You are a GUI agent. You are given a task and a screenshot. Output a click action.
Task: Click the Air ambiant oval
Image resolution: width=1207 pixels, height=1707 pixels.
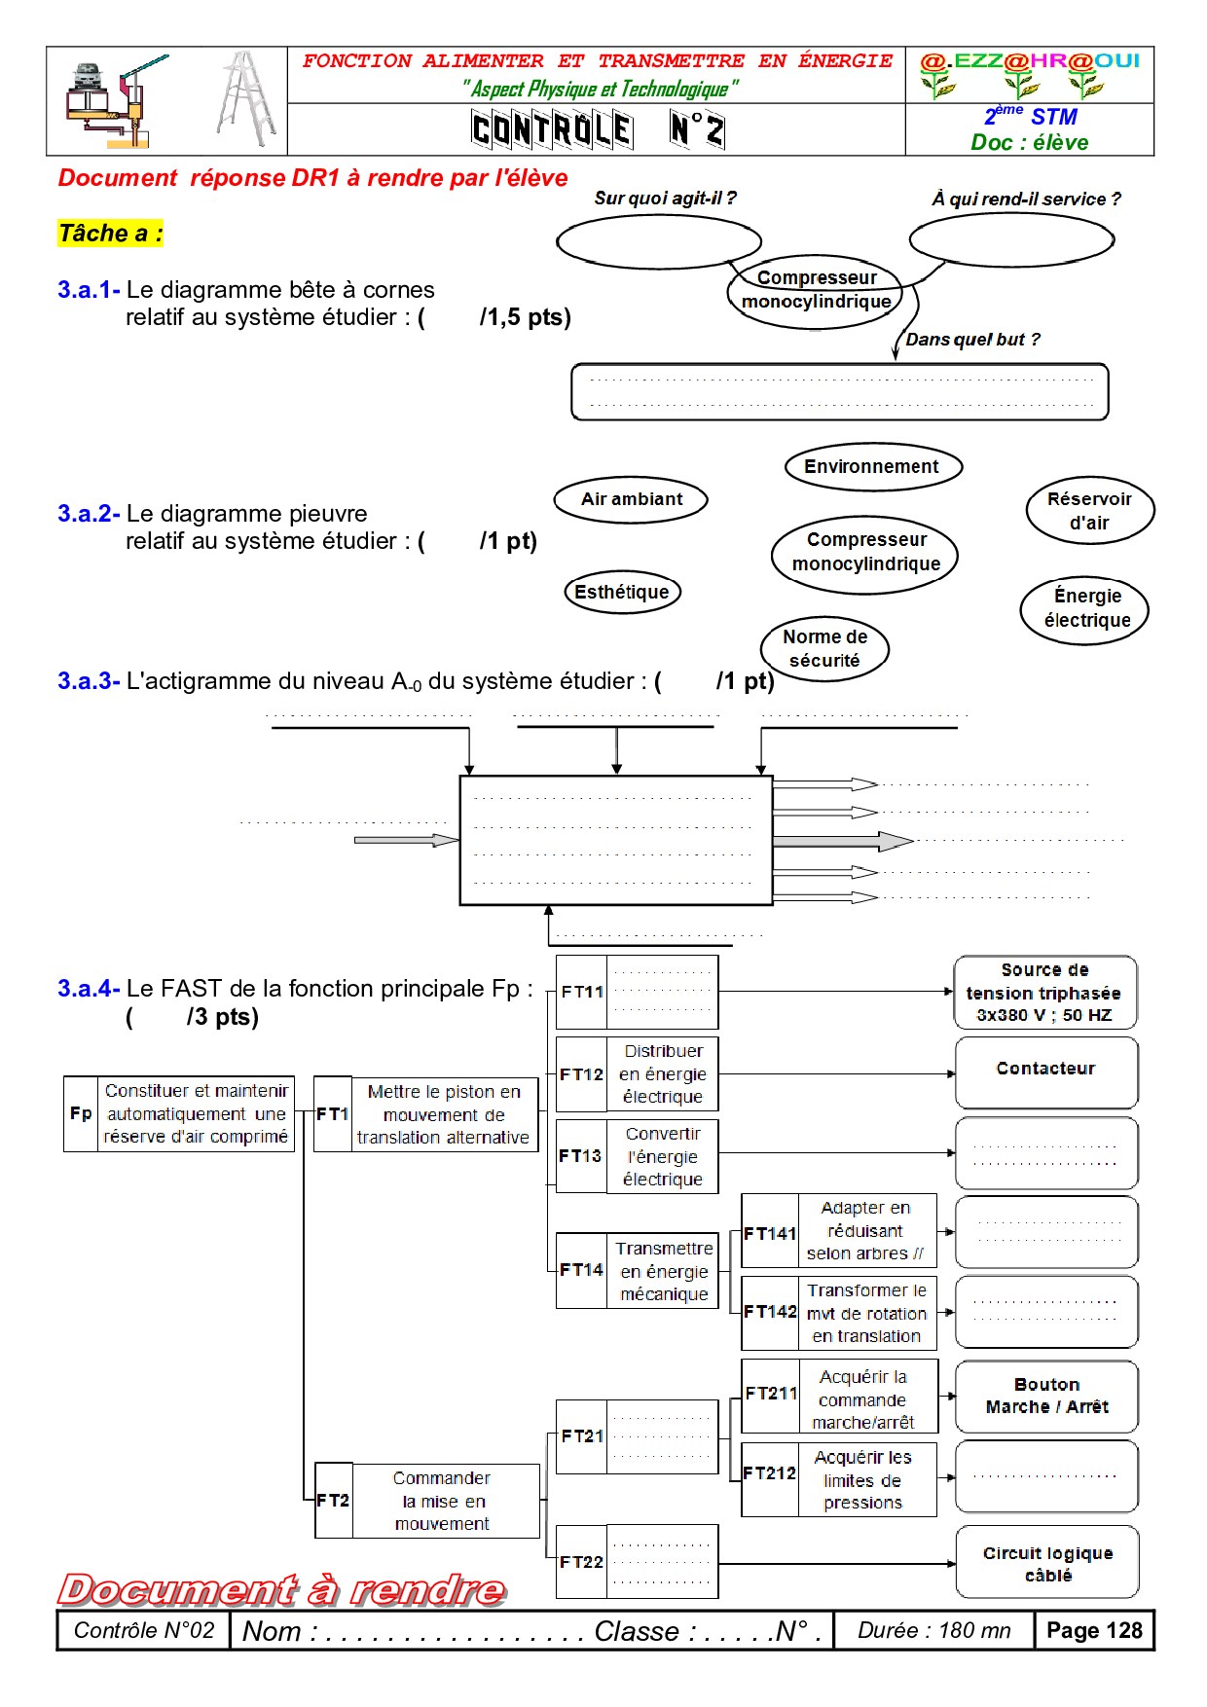coord(631,500)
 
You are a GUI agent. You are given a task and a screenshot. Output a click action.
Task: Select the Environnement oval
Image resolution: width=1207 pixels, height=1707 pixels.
coord(873,467)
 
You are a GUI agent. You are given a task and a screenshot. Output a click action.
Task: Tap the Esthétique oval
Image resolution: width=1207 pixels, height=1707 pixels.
coord(622,592)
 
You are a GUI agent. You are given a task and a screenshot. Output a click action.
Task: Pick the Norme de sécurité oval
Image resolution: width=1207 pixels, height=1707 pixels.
coord(824,648)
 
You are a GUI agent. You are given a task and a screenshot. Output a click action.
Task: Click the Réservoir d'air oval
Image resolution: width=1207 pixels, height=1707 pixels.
coord(1089,511)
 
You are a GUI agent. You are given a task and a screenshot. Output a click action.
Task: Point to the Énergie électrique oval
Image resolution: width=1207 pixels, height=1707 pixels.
coord(1085,609)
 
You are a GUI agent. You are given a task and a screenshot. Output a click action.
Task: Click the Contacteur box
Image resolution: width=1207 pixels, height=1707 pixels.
coord(1046,1071)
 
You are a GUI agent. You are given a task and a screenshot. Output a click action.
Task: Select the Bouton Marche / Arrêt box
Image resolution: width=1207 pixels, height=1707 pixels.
coord(1046,1397)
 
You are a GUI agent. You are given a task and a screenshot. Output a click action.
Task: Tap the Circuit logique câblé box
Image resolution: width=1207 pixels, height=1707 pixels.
coord(1047,1563)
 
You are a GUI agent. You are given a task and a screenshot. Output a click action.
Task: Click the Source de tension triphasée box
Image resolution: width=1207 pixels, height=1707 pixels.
coord(1044,993)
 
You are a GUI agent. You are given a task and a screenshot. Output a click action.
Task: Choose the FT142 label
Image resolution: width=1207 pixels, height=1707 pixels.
coord(770,1312)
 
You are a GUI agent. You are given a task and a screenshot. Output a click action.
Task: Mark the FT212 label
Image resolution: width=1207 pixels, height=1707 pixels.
coord(769,1474)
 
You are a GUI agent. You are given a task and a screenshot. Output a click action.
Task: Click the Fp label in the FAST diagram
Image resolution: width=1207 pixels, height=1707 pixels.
coord(81,1113)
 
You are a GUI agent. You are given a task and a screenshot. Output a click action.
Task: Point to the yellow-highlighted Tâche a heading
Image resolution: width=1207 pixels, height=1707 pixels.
coord(110,234)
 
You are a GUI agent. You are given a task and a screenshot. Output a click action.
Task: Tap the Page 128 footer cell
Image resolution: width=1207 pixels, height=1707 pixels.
coord(1094,1631)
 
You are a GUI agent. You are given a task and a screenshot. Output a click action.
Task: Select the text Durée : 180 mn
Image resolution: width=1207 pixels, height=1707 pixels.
coord(933,1631)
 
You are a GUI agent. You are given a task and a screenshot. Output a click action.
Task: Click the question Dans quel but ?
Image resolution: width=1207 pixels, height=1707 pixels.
coord(972,340)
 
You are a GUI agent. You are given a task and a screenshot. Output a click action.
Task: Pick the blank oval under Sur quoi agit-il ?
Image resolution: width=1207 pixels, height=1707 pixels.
coord(658,241)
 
